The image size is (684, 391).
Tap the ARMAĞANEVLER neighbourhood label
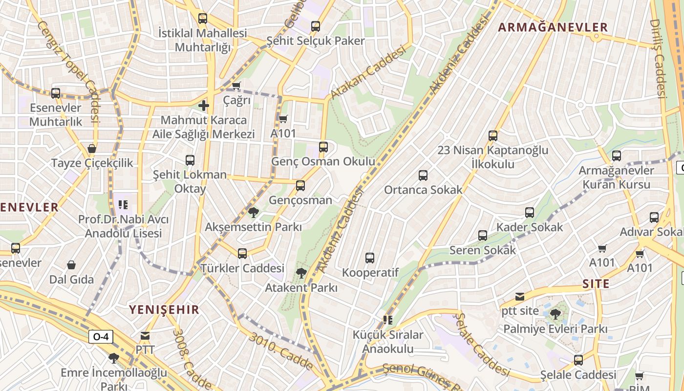pyautogui.click(x=553, y=27)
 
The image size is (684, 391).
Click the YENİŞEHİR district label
pyautogui.click(x=164, y=309)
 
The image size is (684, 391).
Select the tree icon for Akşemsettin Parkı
pyautogui.click(x=253, y=212)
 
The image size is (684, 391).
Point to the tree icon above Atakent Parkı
pyautogui.click(x=301, y=273)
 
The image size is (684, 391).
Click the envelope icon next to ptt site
pyautogui.click(x=519, y=297)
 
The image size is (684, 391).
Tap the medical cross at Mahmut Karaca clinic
pyautogui.click(x=204, y=105)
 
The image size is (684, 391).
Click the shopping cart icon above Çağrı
pyautogui.click(x=236, y=86)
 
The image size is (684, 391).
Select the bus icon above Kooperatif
pyautogui.click(x=370, y=258)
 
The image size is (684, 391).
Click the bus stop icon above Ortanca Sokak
pyautogui.click(x=423, y=175)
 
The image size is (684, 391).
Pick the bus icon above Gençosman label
pyautogui.click(x=300, y=186)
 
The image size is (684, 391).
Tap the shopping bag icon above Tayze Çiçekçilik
pyautogui.click(x=92, y=149)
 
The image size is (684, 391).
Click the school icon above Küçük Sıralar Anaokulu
pyautogui.click(x=388, y=320)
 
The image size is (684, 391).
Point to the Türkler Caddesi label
pyautogui.click(x=242, y=268)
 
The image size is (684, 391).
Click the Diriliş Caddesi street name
pyautogui.click(x=658, y=59)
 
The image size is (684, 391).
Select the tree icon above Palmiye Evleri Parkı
pyautogui.click(x=555, y=314)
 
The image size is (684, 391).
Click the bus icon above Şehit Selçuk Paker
pyautogui.click(x=316, y=26)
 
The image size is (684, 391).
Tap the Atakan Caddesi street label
pyautogui.click(x=368, y=72)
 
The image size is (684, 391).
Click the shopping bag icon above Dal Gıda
pyautogui.click(x=71, y=265)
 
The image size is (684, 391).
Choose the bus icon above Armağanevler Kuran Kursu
pyautogui.click(x=617, y=156)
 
